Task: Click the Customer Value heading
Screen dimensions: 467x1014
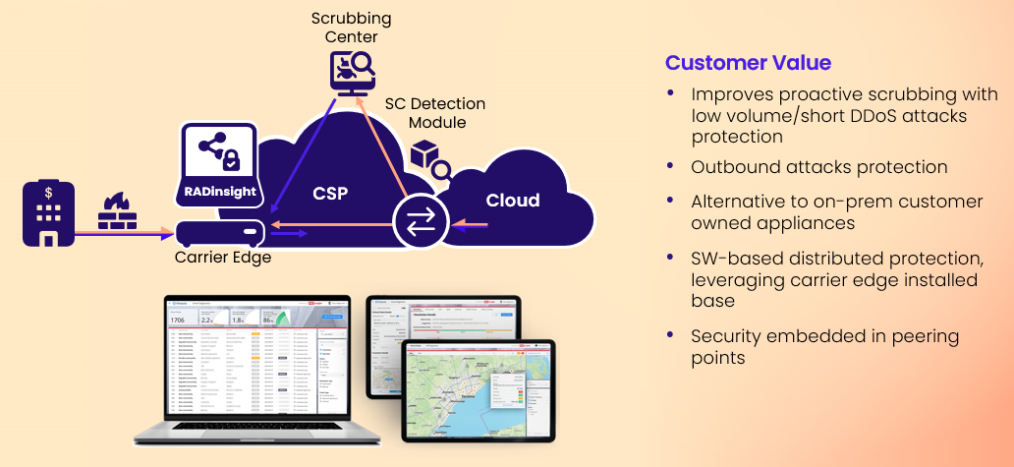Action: coord(748,63)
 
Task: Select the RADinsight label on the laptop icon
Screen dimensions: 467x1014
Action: coord(219,191)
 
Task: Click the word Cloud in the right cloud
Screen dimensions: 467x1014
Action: coord(512,201)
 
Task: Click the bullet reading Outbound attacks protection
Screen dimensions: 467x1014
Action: coord(818,167)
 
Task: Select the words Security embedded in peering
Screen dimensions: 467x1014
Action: coord(824,336)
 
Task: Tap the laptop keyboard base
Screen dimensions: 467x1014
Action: coord(254,433)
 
